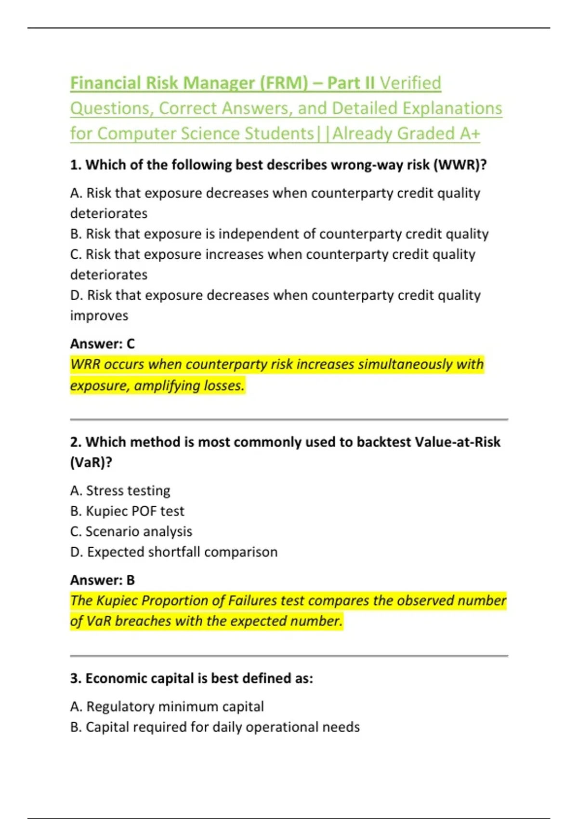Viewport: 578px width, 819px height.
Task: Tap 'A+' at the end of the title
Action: click(470, 133)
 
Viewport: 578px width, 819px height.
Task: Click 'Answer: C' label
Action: click(103, 343)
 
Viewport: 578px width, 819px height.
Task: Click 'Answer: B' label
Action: click(103, 580)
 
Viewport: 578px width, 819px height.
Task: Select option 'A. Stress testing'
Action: click(120, 490)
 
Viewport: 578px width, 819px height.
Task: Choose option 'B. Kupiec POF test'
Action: click(127, 511)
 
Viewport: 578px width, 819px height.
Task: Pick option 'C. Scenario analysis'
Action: click(131, 531)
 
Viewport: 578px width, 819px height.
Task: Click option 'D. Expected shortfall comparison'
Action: click(174, 552)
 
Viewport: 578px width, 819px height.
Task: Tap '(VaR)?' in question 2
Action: click(91, 462)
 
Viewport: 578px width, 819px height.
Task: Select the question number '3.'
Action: click(76, 678)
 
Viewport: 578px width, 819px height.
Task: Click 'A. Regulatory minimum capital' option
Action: click(167, 706)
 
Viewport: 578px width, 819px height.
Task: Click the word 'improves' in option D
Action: click(99, 316)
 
